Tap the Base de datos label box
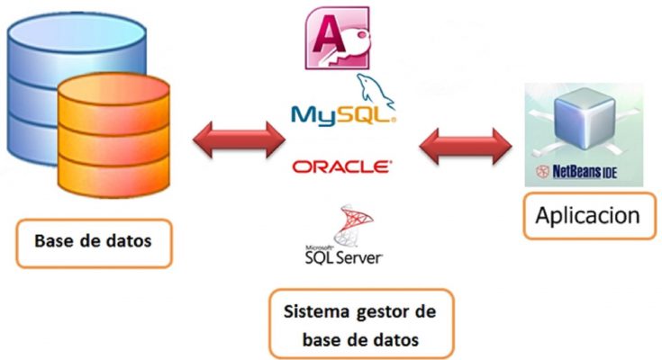93,242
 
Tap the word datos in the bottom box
395,339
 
